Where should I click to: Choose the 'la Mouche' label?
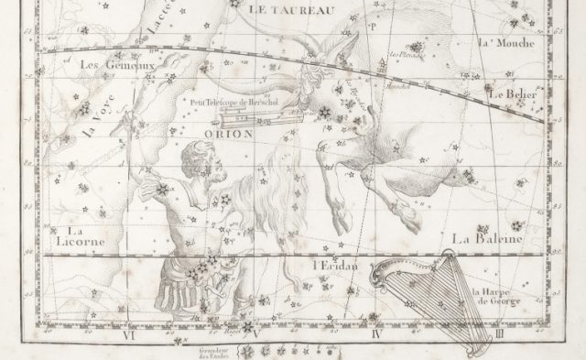coord(500,42)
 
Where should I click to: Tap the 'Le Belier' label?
coord(512,93)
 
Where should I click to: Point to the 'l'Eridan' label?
coord(331,267)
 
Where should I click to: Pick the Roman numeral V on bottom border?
coord(257,335)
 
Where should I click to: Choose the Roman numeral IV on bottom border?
coord(375,335)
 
